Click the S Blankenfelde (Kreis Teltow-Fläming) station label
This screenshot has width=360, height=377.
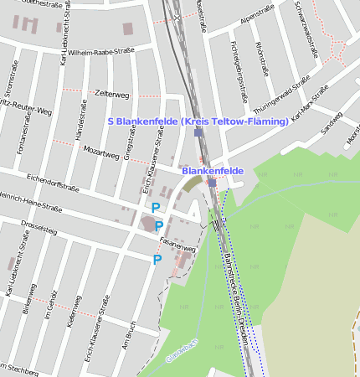pos(198,121)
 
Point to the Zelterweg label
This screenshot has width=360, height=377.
pos(113,93)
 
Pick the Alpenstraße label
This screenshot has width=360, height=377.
pos(257,18)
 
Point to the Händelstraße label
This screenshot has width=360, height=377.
pos(83,120)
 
